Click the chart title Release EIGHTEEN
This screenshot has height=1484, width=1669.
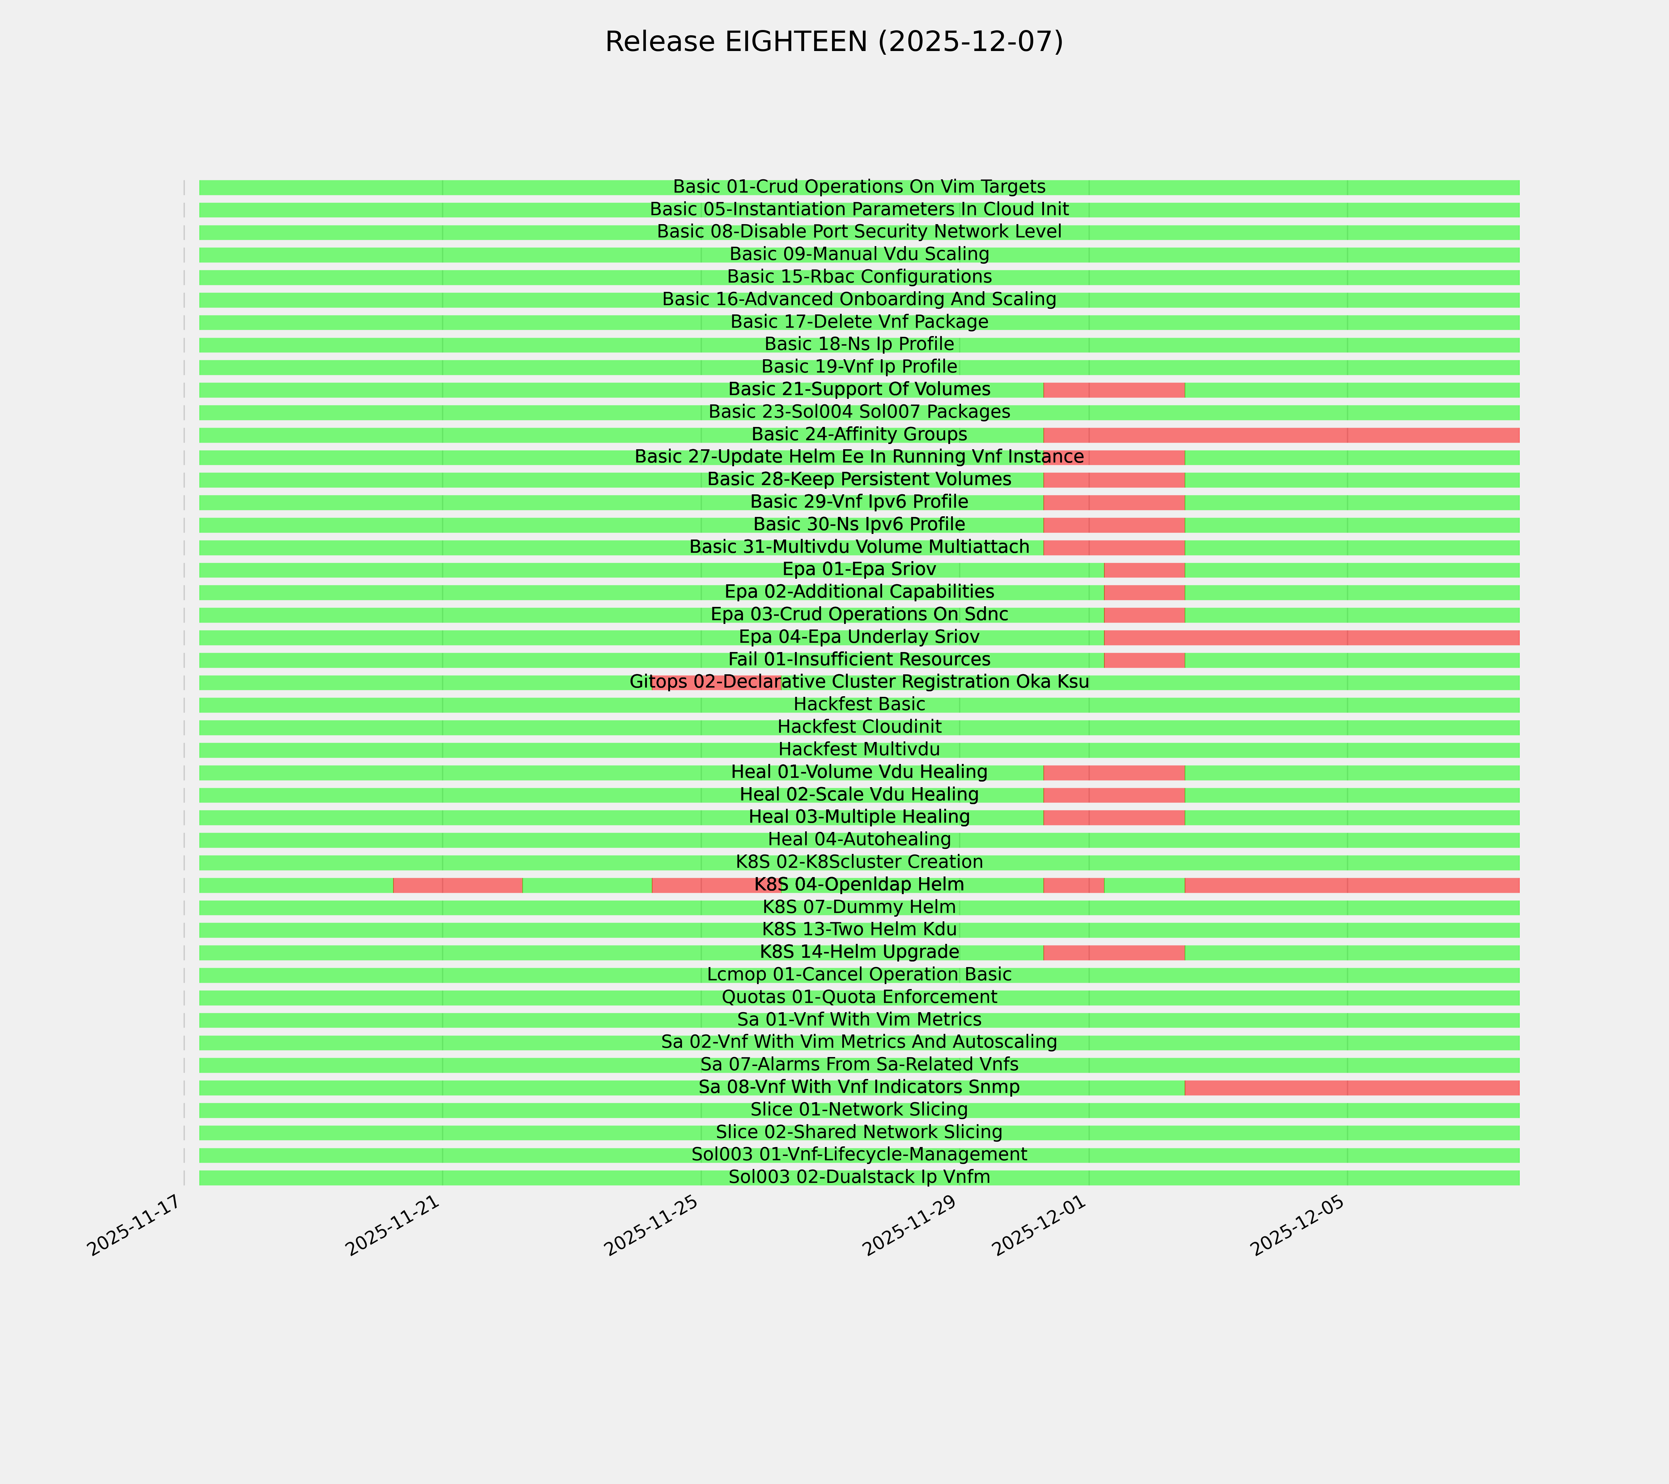point(834,42)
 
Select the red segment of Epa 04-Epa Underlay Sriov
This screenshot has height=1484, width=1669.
point(1310,637)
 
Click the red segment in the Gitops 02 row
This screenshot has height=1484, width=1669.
point(716,682)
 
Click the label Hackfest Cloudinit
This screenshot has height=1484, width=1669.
point(859,727)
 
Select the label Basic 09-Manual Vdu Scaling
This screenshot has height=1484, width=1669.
point(859,254)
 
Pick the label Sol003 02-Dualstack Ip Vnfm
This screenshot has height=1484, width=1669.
point(859,1177)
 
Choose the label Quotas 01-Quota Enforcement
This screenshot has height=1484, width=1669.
point(859,997)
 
